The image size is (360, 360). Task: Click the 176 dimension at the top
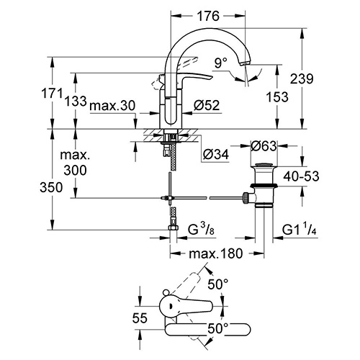click(208, 16)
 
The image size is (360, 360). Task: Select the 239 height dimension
click(302, 78)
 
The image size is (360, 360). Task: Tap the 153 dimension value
click(277, 97)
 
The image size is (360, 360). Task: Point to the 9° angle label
click(221, 63)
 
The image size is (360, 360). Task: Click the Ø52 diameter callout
click(207, 105)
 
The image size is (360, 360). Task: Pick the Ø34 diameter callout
click(216, 154)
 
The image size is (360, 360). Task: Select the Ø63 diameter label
click(264, 145)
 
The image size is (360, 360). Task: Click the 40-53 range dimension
click(301, 176)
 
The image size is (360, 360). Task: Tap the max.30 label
click(112, 105)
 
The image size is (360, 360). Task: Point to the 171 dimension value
click(52, 93)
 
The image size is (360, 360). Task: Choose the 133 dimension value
click(76, 101)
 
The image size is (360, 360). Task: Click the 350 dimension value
click(51, 187)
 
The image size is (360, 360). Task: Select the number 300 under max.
click(75, 171)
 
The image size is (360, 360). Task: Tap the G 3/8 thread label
click(201, 230)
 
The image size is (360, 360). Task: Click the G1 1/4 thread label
click(300, 230)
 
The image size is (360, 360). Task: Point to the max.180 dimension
click(216, 253)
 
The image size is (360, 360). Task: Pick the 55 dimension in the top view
click(140, 318)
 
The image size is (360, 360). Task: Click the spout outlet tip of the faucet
click(246, 63)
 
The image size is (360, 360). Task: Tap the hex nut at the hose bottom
click(173, 228)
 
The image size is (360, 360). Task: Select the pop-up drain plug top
click(264, 165)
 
